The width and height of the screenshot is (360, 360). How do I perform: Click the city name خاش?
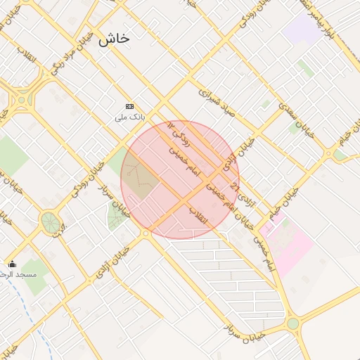(x=114, y=39)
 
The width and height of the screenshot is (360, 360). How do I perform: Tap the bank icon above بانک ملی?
(x=129, y=106)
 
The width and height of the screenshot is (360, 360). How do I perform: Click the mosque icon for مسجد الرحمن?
(x=12, y=264)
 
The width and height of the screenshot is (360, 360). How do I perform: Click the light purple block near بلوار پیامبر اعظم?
(x=302, y=29)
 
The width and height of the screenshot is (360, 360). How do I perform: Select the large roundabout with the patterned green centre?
(x=51, y=222)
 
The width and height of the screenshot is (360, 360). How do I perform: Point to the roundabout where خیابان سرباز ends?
(x=292, y=323)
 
